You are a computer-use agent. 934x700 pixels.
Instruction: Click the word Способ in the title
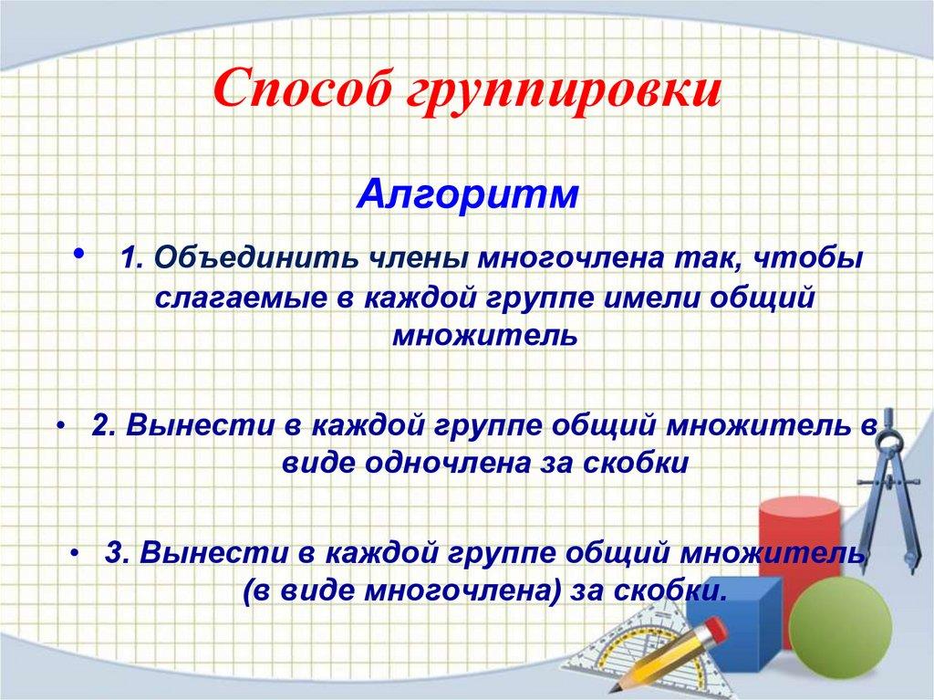coord(290,91)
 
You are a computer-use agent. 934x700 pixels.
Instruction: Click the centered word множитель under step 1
coord(485,335)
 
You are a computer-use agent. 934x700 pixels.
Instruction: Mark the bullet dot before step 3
coord(72,553)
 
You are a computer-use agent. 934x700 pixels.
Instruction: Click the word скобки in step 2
coord(639,462)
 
